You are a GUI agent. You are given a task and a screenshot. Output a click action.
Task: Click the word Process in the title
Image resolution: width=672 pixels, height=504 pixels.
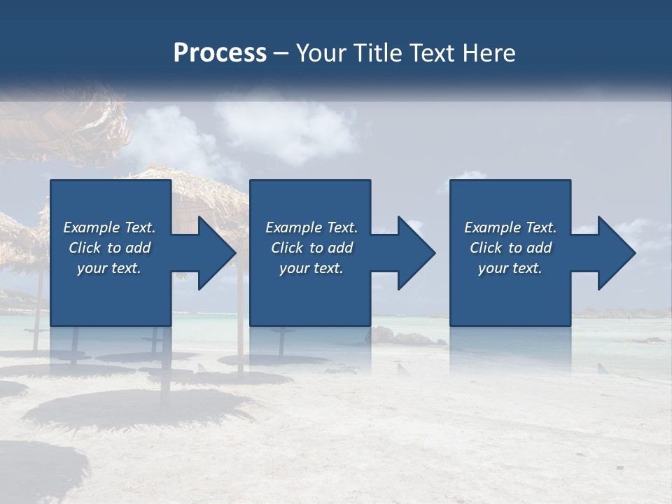[220, 53]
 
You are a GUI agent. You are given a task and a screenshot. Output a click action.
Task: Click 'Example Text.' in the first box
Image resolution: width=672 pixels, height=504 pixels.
[109, 227]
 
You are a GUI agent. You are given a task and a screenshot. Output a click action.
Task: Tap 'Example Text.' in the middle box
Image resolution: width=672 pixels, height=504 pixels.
[311, 227]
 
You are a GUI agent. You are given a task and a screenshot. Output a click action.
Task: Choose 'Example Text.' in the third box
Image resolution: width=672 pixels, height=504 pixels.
[510, 227]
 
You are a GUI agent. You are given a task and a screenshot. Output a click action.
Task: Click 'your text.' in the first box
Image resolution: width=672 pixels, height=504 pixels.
[109, 268]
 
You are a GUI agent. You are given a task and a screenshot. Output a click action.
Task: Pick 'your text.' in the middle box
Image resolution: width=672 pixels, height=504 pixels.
[311, 268]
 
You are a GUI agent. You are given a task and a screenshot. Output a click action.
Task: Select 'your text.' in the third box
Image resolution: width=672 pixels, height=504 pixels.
[510, 268]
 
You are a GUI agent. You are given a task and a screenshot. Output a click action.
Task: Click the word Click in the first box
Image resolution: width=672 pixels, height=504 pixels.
[85, 248]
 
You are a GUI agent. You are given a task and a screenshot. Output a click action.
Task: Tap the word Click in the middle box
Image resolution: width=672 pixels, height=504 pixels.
[287, 248]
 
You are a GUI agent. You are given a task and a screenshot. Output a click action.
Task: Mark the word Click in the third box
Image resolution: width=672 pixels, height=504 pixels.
[486, 248]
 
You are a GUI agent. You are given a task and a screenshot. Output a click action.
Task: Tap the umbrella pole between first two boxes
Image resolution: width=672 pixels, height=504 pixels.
[240, 315]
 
